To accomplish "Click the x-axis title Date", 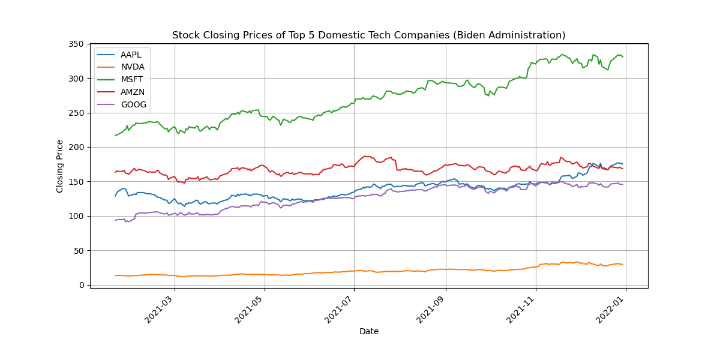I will [x=369, y=331].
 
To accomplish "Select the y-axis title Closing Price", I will [x=60, y=166].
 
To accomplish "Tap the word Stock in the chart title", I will [x=184, y=35].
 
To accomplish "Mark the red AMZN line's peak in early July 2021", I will [x=365, y=156].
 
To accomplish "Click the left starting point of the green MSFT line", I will [x=115, y=135].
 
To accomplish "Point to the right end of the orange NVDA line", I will [x=623, y=265].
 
